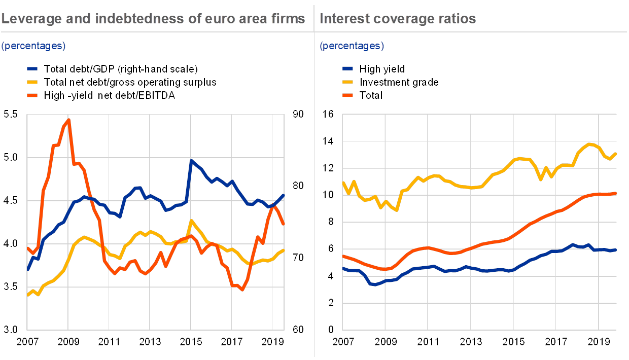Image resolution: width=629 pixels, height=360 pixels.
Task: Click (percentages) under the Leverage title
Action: [33, 46]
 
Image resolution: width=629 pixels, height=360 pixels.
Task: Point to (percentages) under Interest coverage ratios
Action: [352, 46]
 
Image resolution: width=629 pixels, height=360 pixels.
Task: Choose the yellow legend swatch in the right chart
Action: [349, 82]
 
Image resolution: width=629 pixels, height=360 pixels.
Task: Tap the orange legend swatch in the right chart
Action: [349, 95]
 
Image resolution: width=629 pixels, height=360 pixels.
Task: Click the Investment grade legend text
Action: [401, 82]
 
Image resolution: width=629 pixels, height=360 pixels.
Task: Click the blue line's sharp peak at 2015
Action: [191, 160]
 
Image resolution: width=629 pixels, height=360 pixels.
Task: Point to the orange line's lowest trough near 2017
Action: [242, 290]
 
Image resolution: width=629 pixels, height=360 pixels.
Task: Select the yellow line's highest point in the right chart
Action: [589, 143]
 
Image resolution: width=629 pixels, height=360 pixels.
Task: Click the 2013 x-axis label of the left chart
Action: [150, 342]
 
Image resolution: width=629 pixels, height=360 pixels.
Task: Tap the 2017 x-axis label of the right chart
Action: [556, 342]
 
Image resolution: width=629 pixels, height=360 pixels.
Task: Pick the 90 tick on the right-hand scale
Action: [298, 115]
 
